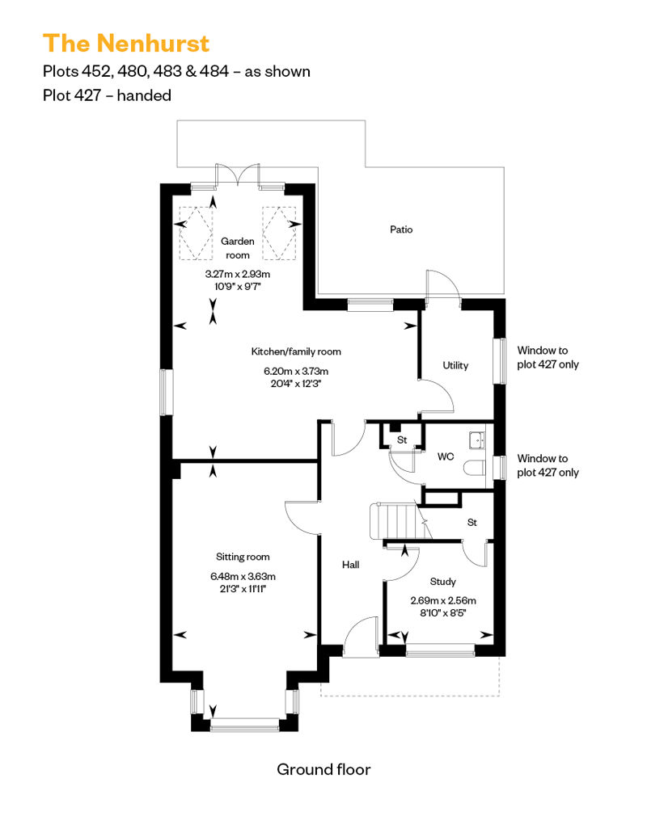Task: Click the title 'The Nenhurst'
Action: pyautogui.click(x=126, y=44)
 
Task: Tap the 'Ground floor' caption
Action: pyautogui.click(x=323, y=769)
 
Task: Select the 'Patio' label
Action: pyautogui.click(x=401, y=229)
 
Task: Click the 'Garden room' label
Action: pyautogui.click(x=238, y=248)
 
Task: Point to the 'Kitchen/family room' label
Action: pyautogui.click(x=296, y=351)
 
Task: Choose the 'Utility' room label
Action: pyautogui.click(x=455, y=365)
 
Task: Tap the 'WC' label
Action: pyautogui.click(x=446, y=456)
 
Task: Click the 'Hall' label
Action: pyautogui.click(x=350, y=565)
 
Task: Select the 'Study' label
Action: pyautogui.click(x=443, y=581)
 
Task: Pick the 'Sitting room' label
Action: pyautogui.click(x=243, y=557)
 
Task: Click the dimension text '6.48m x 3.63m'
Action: pyautogui.click(x=243, y=576)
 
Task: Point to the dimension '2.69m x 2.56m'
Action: pyautogui.click(x=443, y=600)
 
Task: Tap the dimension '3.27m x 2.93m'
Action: pyautogui.click(x=238, y=274)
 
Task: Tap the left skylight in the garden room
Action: pyautogui.click(x=195, y=230)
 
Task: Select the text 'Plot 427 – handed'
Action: pyautogui.click(x=107, y=95)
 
